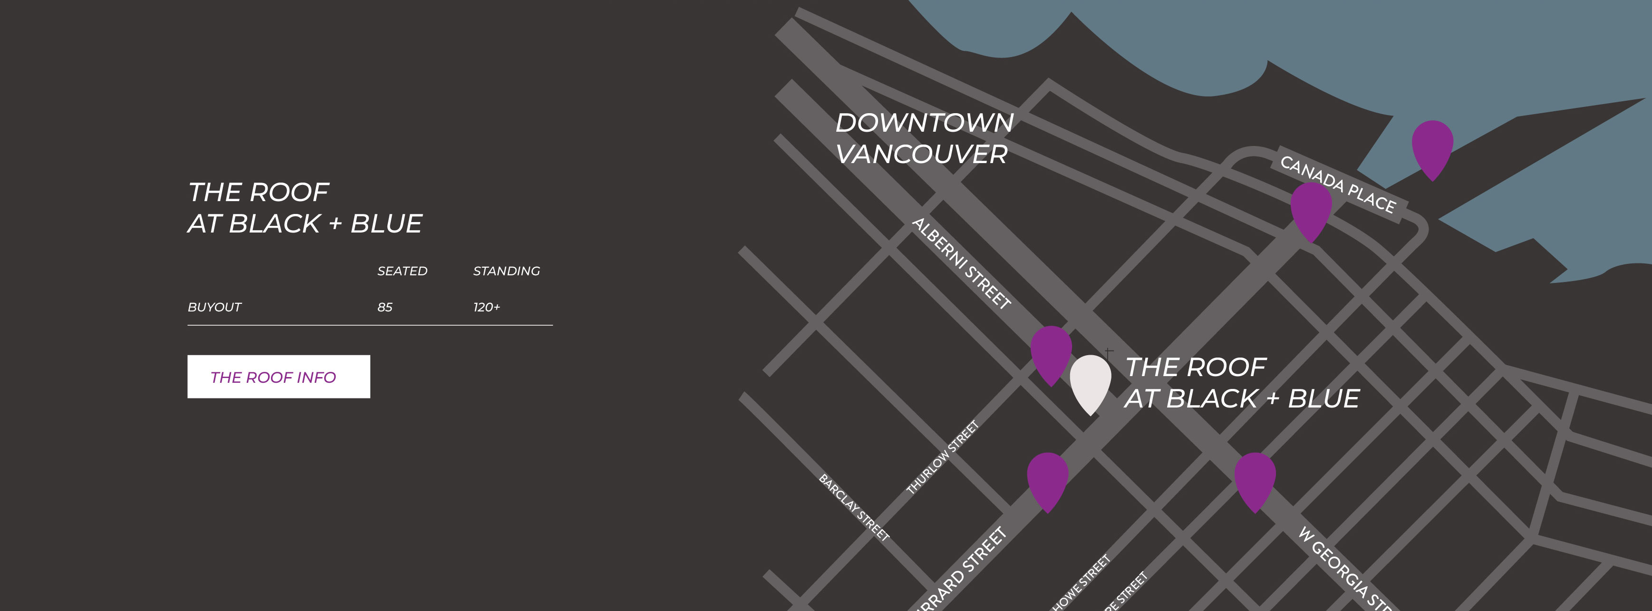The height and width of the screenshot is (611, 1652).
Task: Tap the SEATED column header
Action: click(x=402, y=271)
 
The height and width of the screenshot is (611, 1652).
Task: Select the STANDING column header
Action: click(x=506, y=271)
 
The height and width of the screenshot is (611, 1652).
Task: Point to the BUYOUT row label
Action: click(x=214, y=307)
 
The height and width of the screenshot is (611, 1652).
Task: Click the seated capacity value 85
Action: click(x=385, y=307)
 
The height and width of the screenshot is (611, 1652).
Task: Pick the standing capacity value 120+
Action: click(x=486, y=307)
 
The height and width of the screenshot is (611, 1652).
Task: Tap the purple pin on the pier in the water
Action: click(x=1432, y=146)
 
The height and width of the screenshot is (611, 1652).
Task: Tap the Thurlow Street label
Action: click(x=942, y=457)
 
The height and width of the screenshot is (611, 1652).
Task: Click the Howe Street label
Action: click(x=1081, y=582)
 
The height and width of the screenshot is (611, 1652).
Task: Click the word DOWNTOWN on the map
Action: click(x=924, y=123)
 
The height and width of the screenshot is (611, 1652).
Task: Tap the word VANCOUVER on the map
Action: click(x=921, y=155)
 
